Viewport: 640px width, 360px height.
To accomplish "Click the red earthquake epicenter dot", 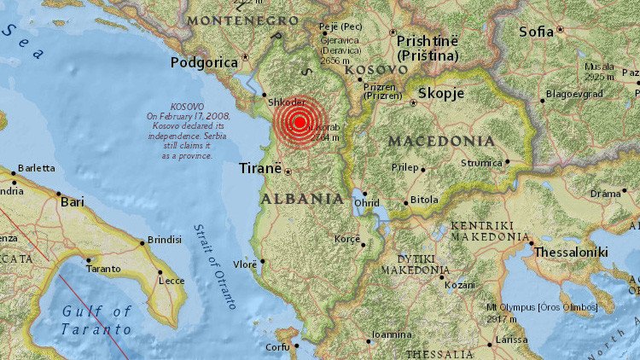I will click(x=300, y=122).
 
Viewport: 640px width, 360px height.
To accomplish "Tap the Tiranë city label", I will click(x=259, y=169).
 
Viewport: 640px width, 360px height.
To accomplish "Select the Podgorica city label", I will click(x=203, y=61).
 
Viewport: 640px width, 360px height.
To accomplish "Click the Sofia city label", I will click(x=536, y=32).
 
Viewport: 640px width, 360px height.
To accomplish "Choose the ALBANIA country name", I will click(x=302, y=199).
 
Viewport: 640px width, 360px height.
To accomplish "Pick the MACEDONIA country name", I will click(x=440, y=141).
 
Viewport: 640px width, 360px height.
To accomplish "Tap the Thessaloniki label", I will click(x=570, y=252).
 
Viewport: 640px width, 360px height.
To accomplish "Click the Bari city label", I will click(x=72, y=202).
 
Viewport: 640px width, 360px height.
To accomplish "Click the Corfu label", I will click(x=277, y=347).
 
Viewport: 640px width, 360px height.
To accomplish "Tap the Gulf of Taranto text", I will click(x=96, y=320).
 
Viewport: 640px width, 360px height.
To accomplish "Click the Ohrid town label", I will click(x=367, y=204).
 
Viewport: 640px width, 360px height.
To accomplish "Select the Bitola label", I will click(x=424, y=200).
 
